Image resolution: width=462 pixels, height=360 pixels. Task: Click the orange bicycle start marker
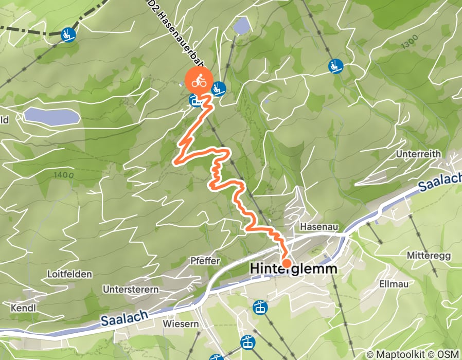(199, 81)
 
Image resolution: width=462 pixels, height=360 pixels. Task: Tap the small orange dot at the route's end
(287, 263)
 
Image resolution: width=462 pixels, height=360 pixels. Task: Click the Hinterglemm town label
(293, 269)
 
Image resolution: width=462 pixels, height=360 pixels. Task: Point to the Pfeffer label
(206, 261)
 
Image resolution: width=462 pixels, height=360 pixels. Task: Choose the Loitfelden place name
(69, 274)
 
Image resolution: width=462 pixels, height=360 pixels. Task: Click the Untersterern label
(131, 290)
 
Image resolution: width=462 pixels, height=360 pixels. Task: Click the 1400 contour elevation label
(64, 175)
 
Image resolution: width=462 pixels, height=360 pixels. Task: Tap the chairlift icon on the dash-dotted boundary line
(68, 34)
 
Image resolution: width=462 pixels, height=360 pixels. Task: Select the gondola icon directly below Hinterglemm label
(260, 308)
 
